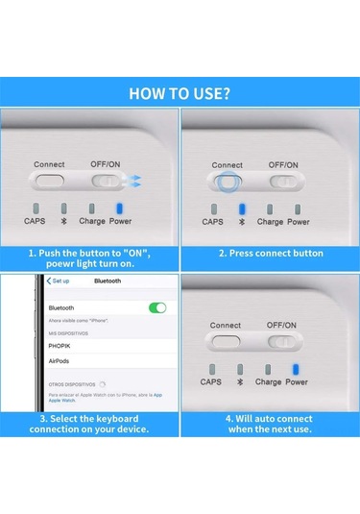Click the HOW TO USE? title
(180, 94)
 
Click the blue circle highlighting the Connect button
(227, 181)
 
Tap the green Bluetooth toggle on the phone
(156, 307)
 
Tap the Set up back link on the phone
(58, 281)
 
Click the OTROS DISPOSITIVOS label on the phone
(72, 382)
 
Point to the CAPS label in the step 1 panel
(36, 221)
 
